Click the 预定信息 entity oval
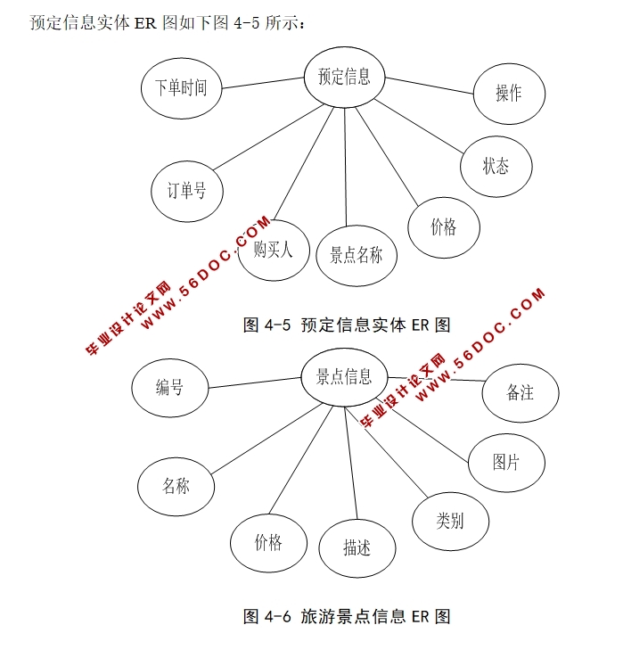[344, 77]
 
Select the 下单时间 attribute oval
[181, 88]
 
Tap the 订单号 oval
[187, 190]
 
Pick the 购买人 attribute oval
[273, 251]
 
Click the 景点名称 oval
[356, 256]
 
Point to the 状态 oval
[496, 166]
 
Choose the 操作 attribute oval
[509, 93]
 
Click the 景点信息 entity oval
[344, 377]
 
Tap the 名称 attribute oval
[176, 486]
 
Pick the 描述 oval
[357, 547]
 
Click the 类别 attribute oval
[450, 521]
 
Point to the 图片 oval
[506, 462]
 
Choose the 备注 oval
[520, 391]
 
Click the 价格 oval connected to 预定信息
[443, 227]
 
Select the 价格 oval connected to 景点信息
[268, 542]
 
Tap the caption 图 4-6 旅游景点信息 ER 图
[347, 616]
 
